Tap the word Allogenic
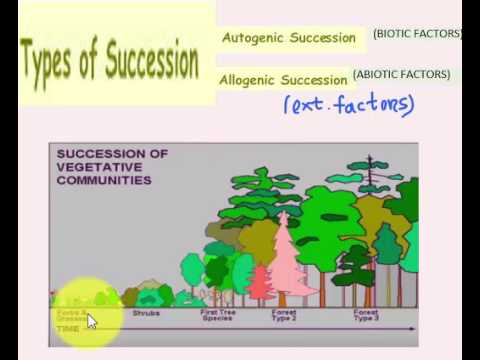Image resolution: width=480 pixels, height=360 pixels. pyautogui.click(x=248, y=79)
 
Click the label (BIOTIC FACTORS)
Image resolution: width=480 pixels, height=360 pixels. pyautogui.click(x=417, y=34)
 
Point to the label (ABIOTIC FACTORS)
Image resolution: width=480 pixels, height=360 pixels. pyautogui.click(x=401, y=74)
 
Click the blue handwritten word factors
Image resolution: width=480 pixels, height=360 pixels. pyautogui.click(x=377, y=103)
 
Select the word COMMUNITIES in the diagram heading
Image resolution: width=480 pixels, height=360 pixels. pyautogui.click(x=105, y=181)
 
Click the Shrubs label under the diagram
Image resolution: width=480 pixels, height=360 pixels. pyautogui.click(x=147, y=313)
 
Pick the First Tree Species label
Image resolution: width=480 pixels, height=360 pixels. pyautogui.click(x=218, y=316)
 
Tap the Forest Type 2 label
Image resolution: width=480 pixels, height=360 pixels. pyautogui.click(x=284, y=316)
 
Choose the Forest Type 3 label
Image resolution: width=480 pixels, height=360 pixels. pyautogui.click(x=366, y=316)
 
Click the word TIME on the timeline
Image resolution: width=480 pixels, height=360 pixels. pyautogui.click(x=67, y=328)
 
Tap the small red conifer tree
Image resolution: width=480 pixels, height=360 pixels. pyautogui.click(x=260, y=283)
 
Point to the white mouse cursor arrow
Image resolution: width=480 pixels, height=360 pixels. pyautogui.click(x=91, y=320)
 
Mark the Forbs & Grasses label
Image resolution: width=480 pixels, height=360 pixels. pyautogui.click(x=70, y=315)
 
